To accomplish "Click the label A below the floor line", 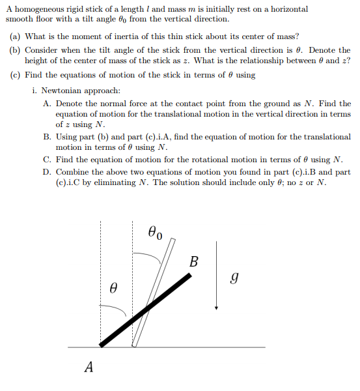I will pos(89,368).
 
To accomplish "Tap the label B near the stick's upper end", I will pos(194,262).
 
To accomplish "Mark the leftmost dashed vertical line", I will pos(101,287).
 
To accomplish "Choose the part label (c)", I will pos(16,75).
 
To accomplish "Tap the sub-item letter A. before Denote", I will pos(48,104).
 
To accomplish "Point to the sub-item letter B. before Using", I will pos(48,138).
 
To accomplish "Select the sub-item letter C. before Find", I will pos(48,160).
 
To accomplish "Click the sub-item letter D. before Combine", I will pos(48,172).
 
